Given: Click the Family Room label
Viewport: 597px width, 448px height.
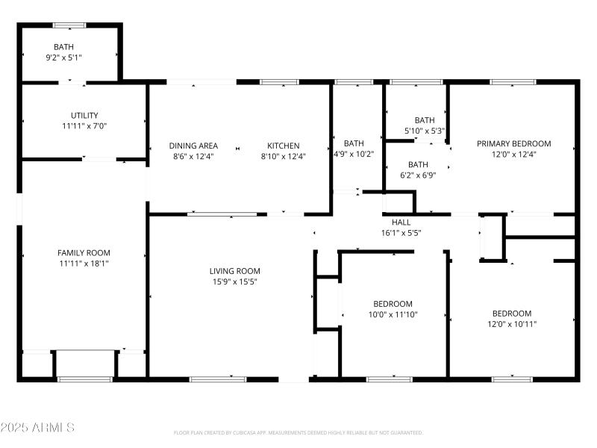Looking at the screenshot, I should (x=84, y=253).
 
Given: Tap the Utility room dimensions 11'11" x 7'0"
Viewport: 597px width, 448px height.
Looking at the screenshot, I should (x=84, y=126).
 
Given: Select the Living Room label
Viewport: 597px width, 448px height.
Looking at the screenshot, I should (x=235, y=271).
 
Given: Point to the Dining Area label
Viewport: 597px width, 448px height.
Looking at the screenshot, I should (x=193, y=146).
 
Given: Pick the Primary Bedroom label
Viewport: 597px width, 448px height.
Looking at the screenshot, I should (x=513, y=143).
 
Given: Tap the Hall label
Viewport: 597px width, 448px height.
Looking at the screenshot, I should (x=401, y=222).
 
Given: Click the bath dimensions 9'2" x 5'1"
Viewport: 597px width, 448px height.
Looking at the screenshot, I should (x=69, y=57).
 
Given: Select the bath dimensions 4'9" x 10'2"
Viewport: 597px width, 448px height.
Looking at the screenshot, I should (x=354, y=154).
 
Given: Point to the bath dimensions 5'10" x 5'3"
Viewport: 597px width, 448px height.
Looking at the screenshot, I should (x=424, y=131).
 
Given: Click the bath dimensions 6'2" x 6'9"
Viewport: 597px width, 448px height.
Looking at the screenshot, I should (x=418, y=175).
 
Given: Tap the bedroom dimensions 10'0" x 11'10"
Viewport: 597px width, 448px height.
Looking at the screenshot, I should (x=393, y=314).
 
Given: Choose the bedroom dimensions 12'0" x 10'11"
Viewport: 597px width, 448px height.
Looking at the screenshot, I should (x=511, y=323).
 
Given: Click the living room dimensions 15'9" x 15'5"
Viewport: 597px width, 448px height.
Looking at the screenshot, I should (x=235, y=281).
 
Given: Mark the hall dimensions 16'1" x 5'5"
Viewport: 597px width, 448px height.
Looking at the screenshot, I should (x=401, y=232).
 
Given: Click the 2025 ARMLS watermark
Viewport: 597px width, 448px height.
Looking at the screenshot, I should (x=37, y=428).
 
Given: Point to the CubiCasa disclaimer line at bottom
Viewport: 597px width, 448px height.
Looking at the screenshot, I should (x=298, y=432).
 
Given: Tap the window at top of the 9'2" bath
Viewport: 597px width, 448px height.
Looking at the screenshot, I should (x=69, y=25).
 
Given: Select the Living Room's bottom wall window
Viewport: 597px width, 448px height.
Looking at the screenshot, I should (x=217, y=379).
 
